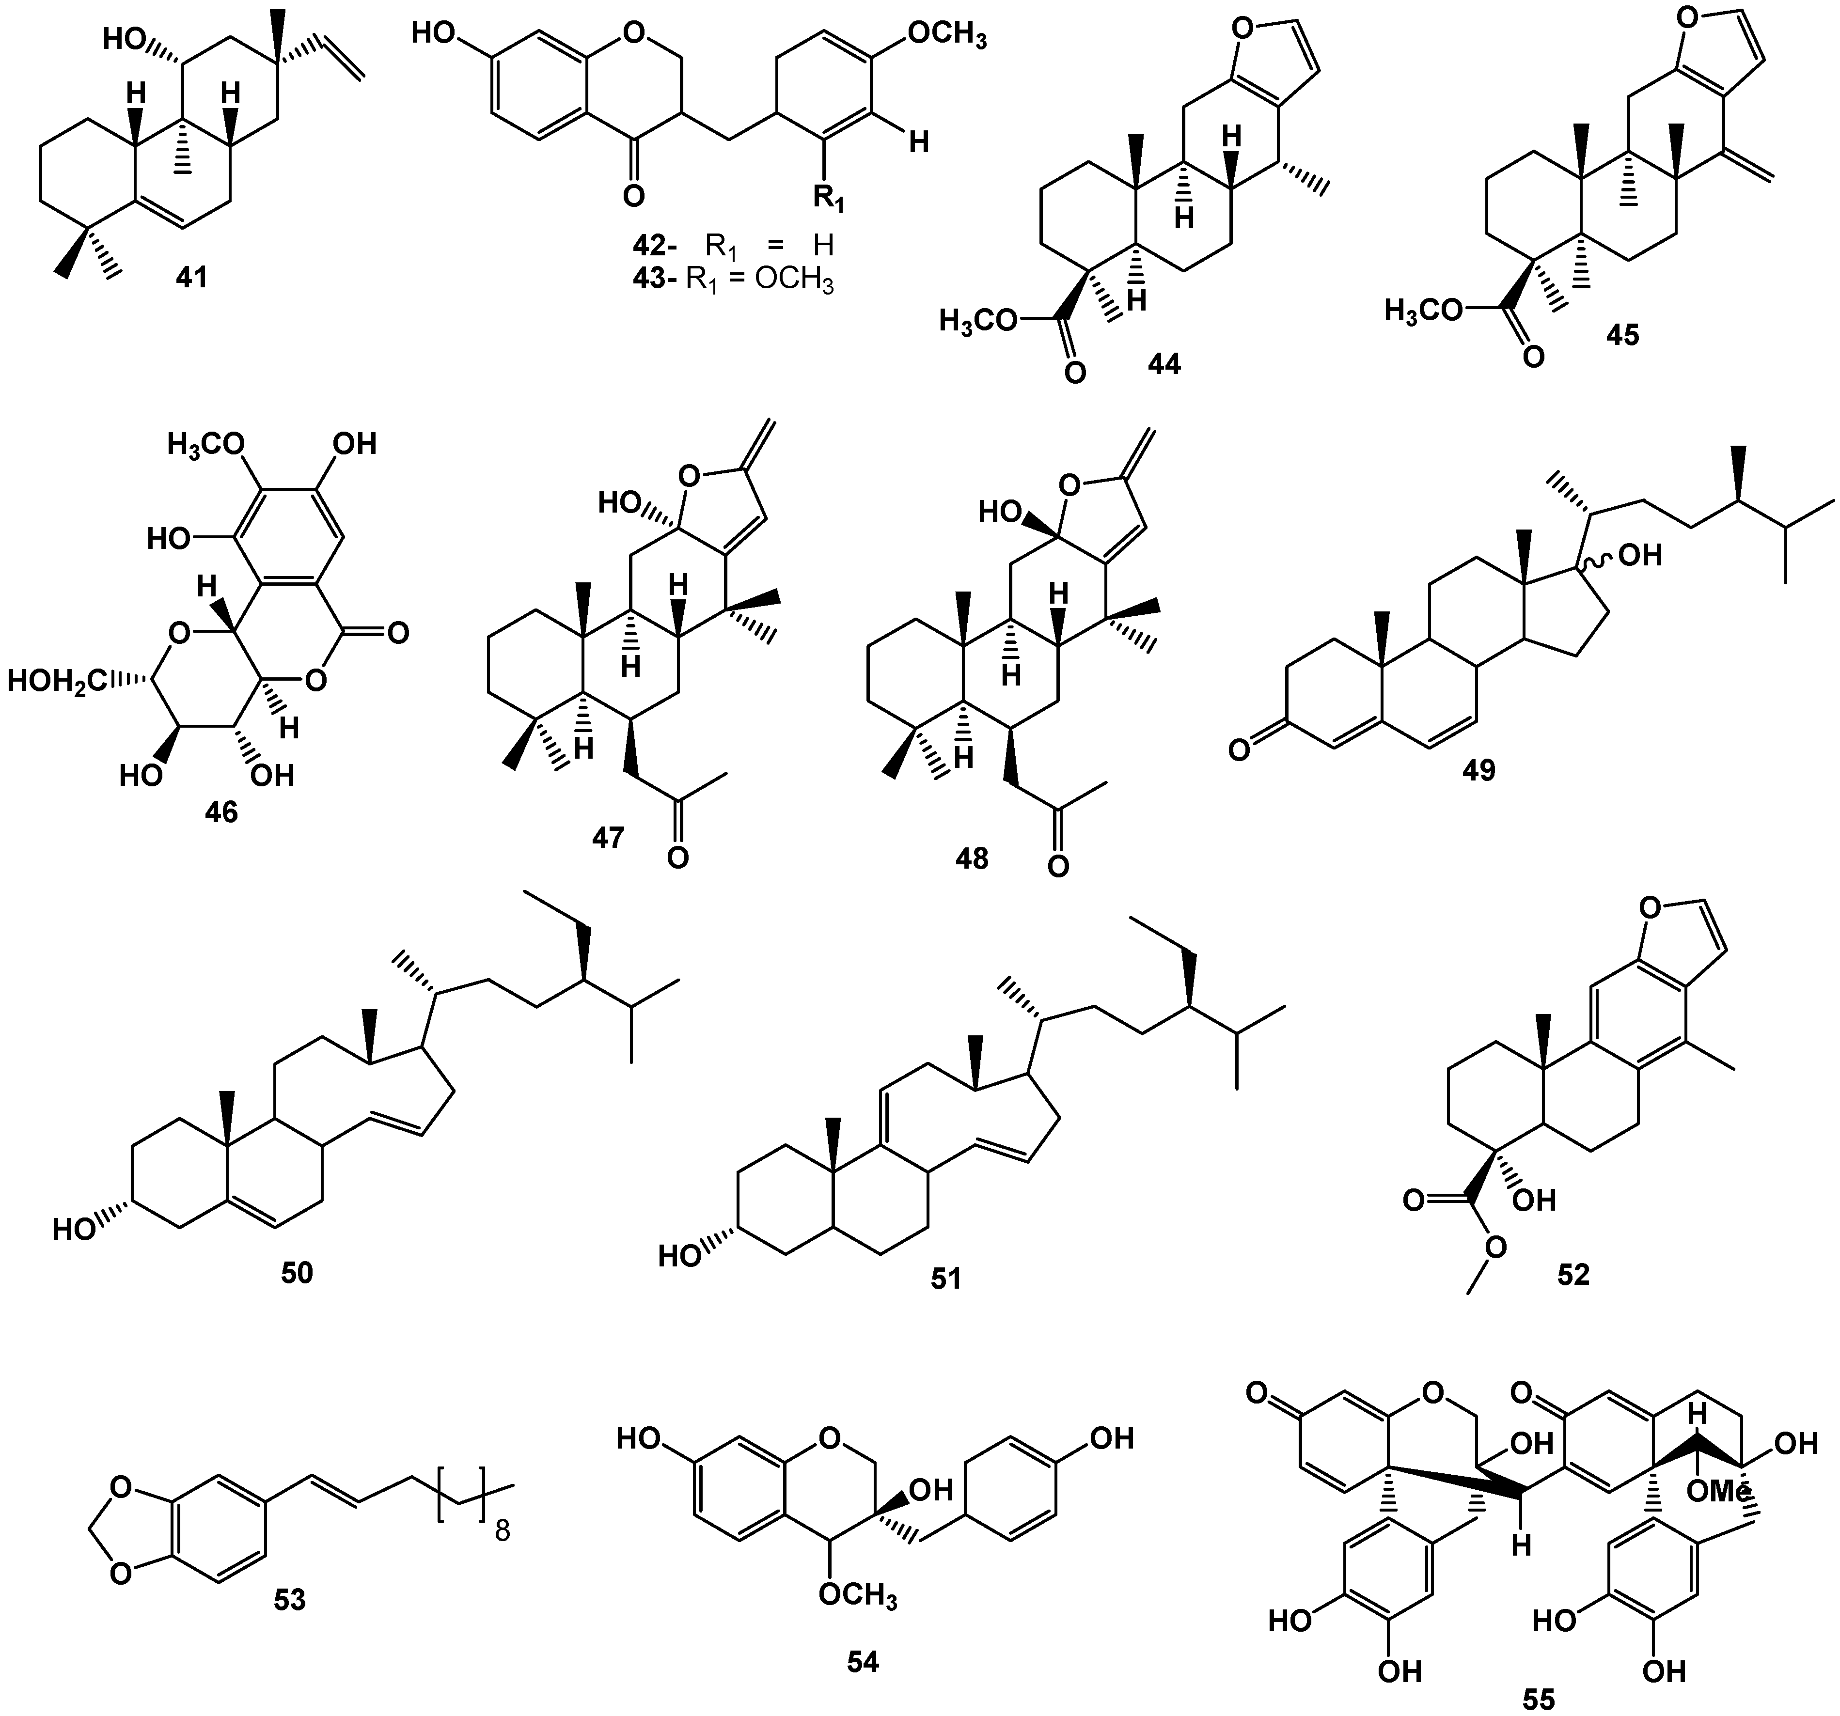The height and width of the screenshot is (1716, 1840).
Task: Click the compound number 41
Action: (x=191, y=277)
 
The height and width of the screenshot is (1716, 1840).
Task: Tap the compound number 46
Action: (x=222, y=811)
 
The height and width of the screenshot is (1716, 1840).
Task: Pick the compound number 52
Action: (x=1573, y=1275)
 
